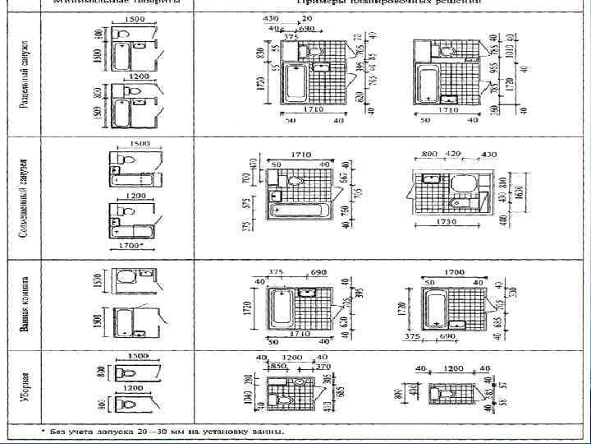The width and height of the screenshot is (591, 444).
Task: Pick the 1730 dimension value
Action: click(x=447, y=222)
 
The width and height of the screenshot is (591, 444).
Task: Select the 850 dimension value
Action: click(x=278, y=366)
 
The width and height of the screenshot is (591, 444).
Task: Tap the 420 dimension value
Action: click(x=452, y=154)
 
